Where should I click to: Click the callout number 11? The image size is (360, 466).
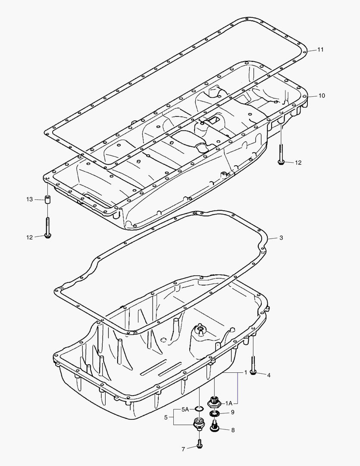click(320, 50)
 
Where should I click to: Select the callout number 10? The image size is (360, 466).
click(322, 95)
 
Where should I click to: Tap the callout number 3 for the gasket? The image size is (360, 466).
click(281, 238)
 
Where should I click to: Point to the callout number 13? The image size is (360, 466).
click(29, 199)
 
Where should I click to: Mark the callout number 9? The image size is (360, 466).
click(232, 412)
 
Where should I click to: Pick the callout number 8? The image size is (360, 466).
click(233, 430)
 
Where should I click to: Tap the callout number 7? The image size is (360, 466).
click(183, 449)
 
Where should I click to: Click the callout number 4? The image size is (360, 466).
click(269, 375)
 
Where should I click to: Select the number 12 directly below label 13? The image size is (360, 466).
click(29, 237)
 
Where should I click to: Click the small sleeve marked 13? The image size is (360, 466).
click(47, 200)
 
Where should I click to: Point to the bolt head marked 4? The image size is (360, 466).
click(253, 372)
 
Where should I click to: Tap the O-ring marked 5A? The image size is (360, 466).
click(198, 409)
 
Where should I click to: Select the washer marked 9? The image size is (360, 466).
click(214, 414)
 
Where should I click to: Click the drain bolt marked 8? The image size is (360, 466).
click(214, 427)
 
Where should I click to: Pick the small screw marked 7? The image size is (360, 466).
click(199, 444)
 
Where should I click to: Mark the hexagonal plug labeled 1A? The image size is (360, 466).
click(214, 402)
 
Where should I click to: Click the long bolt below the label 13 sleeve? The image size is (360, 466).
click(47, 227)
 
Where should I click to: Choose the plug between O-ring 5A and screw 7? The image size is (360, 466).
click(198, 424)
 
